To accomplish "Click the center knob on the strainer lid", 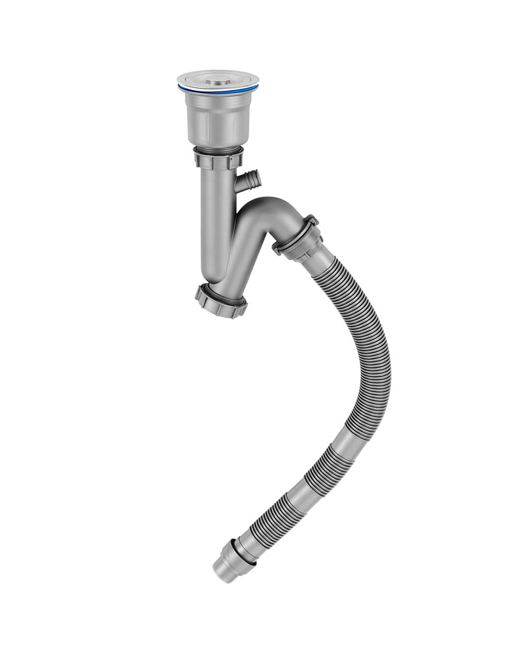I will (218, 82).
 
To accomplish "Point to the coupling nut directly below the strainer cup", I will (218, 158).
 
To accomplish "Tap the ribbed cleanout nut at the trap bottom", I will (221, 301).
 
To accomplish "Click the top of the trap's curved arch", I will (273, 206).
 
